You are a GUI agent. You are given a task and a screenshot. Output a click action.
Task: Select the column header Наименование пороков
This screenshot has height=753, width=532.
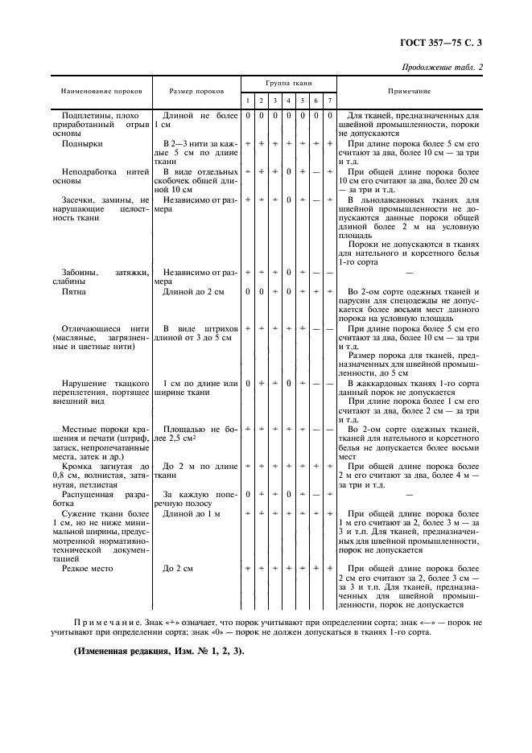click(x=97, y=92)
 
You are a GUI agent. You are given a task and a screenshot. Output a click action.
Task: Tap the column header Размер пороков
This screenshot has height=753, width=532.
click(x=196, y=92)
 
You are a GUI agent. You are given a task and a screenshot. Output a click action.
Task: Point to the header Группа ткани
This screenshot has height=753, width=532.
click(x=289, y=83)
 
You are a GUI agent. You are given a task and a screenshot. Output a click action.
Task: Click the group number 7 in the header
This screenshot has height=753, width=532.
click(x=330, y=101)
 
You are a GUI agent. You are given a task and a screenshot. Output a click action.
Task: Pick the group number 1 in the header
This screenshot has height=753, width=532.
click(x=249, y=101)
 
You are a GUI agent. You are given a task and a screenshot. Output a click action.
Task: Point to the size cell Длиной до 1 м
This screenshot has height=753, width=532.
click(x=191, y=512)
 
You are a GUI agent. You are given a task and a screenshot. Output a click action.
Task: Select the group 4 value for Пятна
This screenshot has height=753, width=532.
click(x=289, y=292)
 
